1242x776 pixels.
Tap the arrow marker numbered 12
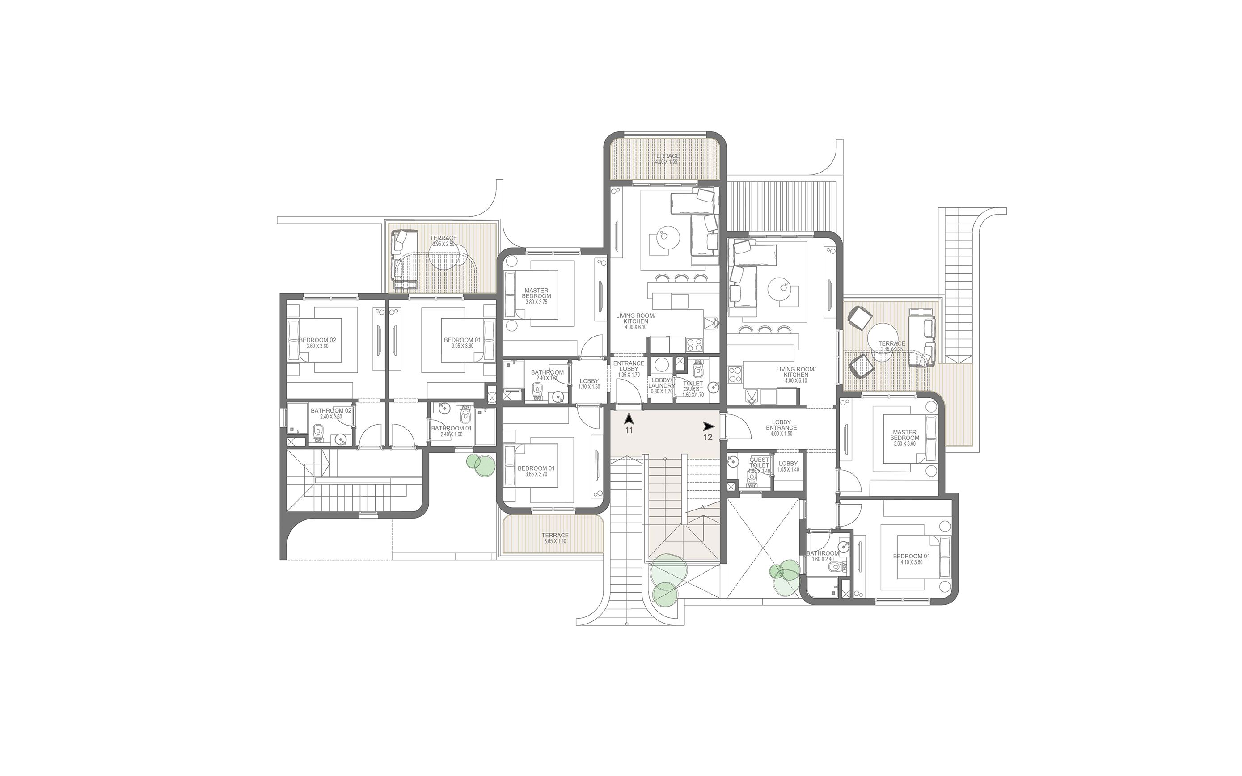(x=709, y=426)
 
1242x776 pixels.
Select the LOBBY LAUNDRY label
(x=661, y=385)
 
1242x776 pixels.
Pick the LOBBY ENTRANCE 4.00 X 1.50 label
(x=781, y=427)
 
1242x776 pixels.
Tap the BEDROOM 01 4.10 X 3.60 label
(x=911, y=559)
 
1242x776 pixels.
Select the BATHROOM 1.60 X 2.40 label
(x=822, y=556)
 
